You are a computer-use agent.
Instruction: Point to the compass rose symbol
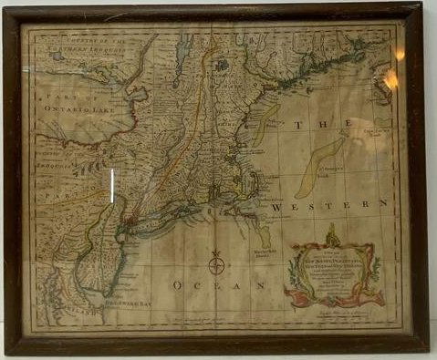click(216, 264)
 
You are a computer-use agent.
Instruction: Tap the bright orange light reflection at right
click(393, 79)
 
